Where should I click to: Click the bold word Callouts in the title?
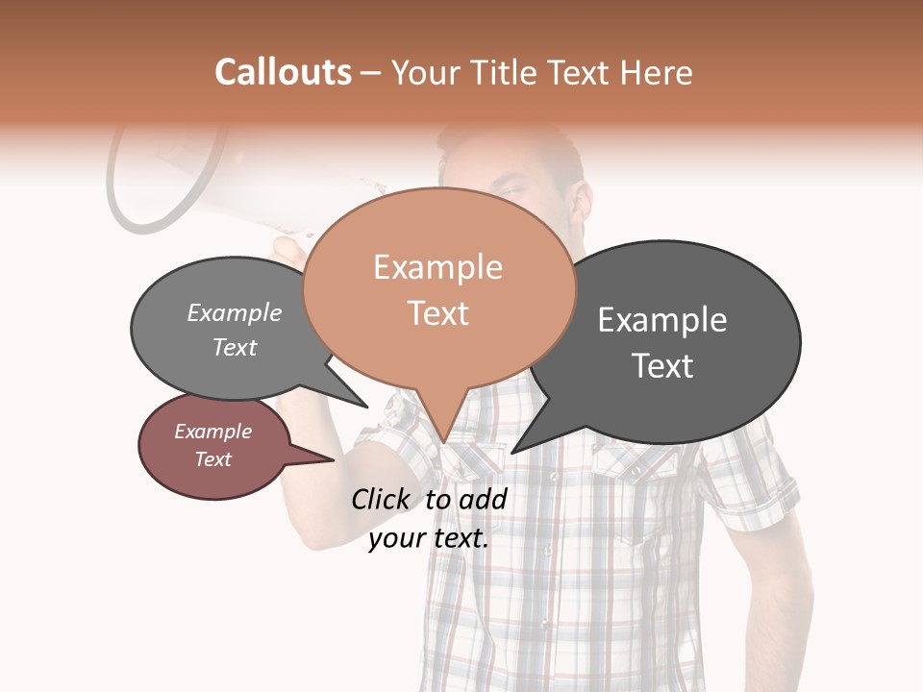283,72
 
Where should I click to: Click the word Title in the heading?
506,73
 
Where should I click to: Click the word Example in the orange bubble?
437,267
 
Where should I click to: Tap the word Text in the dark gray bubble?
662,366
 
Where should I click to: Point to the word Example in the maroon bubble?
212,432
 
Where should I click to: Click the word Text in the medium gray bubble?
234,347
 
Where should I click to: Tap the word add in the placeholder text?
483,499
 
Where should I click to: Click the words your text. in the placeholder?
429,538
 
